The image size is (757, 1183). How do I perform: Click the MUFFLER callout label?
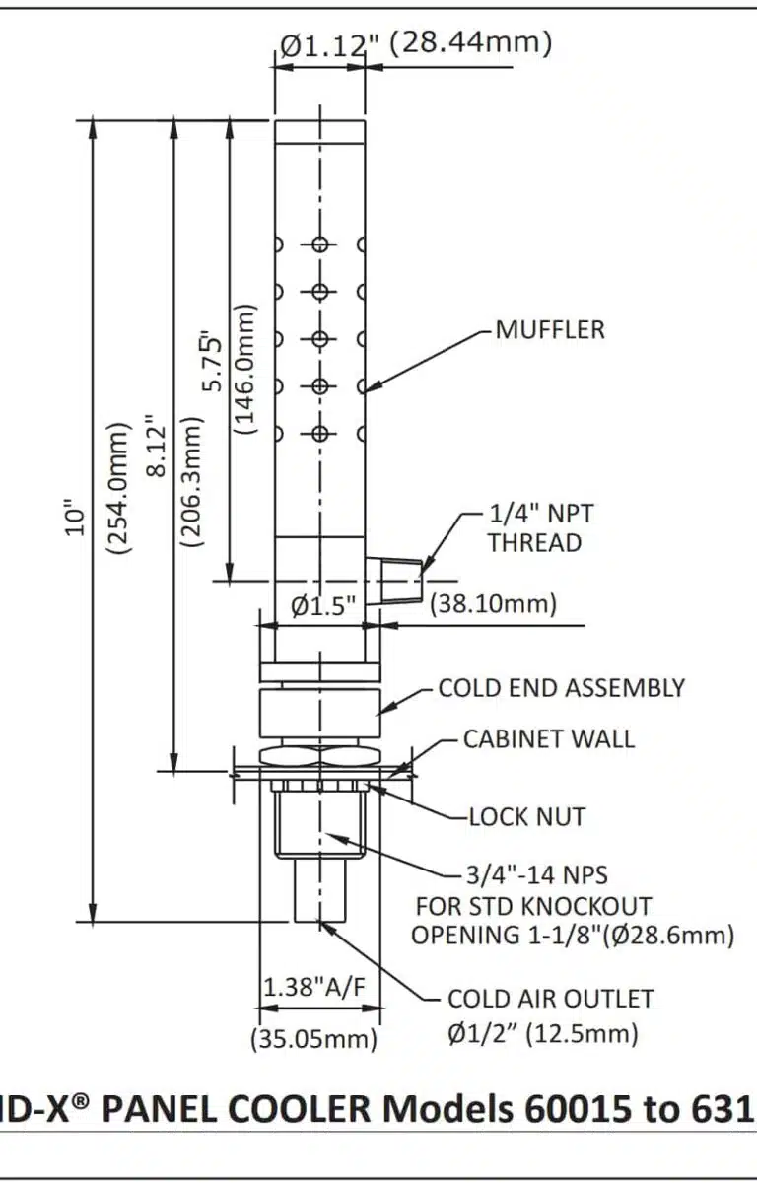coord(550,329)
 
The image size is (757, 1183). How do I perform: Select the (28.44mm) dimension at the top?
coord(470,43)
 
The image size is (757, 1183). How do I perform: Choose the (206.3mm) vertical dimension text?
coord(193,480)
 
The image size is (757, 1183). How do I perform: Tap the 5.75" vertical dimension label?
coord(212,366)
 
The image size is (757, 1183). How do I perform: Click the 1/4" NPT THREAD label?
coord(535,527)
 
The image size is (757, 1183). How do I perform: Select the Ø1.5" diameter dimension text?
coord(322,606)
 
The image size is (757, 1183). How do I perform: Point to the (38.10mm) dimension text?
coord(493,603)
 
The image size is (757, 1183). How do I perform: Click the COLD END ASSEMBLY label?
coord(561,687)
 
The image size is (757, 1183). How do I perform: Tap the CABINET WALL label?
coord(549,738)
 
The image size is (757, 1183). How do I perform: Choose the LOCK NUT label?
coord(526,816)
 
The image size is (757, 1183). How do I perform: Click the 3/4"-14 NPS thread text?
coord(536,874)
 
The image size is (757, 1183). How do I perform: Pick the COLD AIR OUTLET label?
coord(550,998)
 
